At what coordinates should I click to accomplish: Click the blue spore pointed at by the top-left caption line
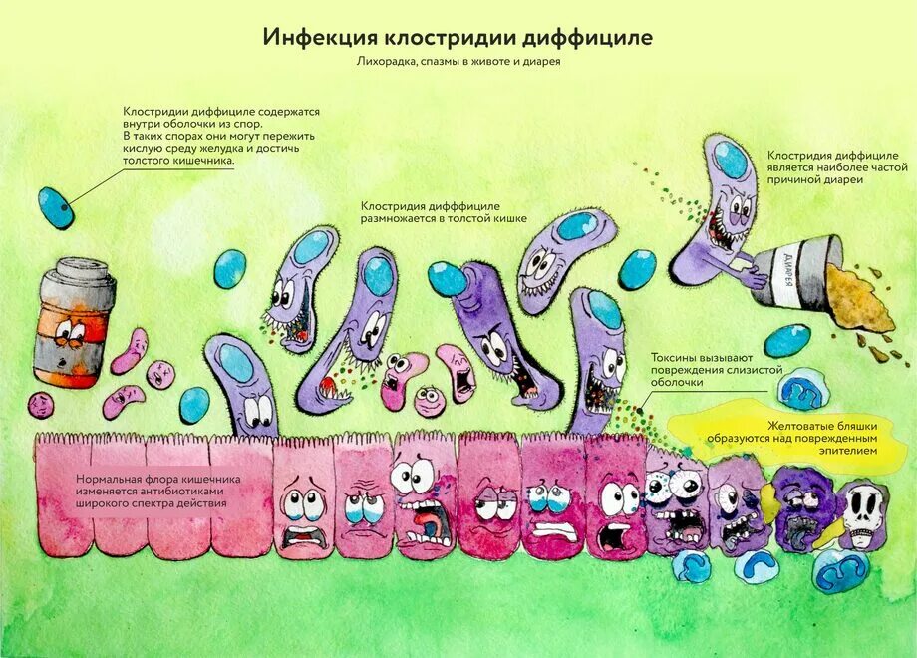[56, 207]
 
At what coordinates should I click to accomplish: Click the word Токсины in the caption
[678, 356]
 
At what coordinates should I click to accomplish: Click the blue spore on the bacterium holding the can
[732, 159]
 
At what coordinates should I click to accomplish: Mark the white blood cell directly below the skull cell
[843, 568]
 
